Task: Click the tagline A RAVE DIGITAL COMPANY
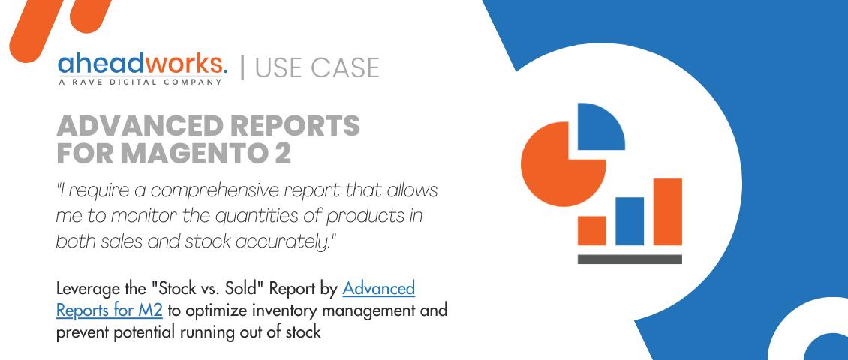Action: point(140,82)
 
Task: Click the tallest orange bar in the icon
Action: point(667,211)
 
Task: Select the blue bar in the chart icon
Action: point(630,220)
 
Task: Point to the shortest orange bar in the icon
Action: point(592,230)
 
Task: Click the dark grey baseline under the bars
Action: point(630,259)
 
